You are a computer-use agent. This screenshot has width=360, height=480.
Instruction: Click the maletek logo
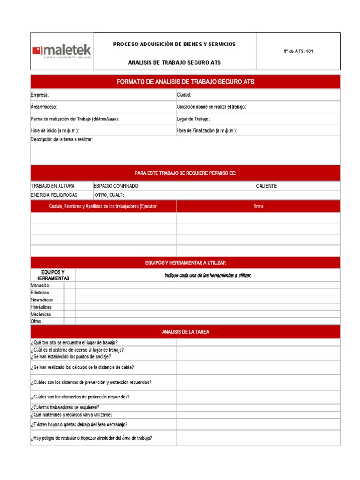[62, 51]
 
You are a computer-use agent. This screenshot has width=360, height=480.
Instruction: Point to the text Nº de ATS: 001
[298, 52]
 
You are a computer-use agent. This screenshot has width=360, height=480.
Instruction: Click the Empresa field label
[40, 95]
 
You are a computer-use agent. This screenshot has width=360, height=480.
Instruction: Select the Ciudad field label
[184, 95]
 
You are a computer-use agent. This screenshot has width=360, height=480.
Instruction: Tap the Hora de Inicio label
[55, 131]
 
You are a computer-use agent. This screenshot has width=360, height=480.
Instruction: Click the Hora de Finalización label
[207, 131]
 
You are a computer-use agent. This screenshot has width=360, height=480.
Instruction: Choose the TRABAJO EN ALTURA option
[52, 186]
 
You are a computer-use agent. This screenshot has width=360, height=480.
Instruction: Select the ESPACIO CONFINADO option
[116, 186]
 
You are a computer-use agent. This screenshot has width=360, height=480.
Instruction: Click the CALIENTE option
[266, 186]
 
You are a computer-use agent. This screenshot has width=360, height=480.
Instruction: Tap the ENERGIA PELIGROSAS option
[54, 195]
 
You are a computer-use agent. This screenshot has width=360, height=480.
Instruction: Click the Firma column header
[258, 206]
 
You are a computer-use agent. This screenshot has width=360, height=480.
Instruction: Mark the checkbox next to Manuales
[69, 285]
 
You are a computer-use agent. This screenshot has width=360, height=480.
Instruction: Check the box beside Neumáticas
[69, 300]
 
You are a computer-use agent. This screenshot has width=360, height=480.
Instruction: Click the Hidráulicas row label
[41, 307]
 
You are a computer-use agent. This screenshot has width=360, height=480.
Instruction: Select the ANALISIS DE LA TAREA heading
[186, 332]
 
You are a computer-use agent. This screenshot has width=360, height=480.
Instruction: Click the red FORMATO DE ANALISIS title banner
[186, 82]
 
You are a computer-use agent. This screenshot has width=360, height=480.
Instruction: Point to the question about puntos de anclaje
[71, 357]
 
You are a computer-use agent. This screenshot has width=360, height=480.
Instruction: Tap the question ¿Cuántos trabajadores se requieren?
[65, 407]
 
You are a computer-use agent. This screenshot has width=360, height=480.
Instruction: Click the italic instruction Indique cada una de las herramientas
[208, 275]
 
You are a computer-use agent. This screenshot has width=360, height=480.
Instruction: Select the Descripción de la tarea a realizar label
[62, 140]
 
